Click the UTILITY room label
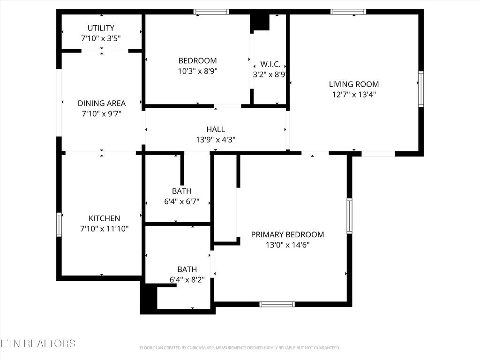pos(101,28)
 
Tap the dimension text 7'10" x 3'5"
pos(101,38)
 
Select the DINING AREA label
pos(102,103)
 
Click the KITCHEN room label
pos(104,218)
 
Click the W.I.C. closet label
pos(270,64)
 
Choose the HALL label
pos(216,129)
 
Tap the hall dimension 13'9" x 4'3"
pos(216,140)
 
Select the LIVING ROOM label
pos(354,84)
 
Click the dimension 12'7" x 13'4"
pos(354,95)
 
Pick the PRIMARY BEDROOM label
pos(287,234)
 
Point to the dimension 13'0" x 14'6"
pos(287,245)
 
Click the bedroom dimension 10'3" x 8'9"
pos(197,71)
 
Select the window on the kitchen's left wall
pos(59,225)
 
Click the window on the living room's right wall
pos(421,89)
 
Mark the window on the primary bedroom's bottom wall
pos(277,304)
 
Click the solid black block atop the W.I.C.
pos(261,22)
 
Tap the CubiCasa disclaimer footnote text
pos(240,348)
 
